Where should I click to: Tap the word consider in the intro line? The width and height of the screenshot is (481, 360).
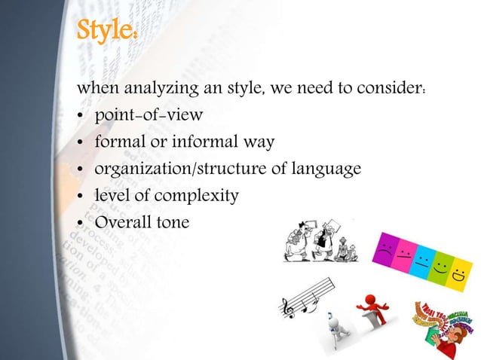tap(393, 90)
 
